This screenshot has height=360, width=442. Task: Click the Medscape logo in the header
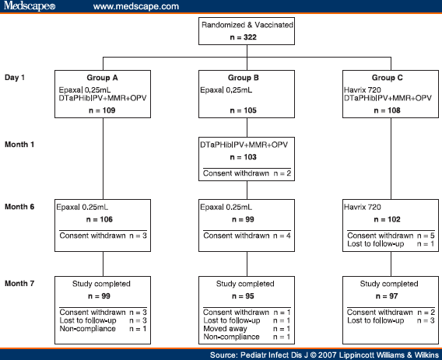pyautogui.click(x=29, y=6)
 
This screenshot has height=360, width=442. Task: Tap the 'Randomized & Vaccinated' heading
pyautogui.click(x=246, y=25)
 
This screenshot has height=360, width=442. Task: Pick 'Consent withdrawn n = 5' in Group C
pyautogui.click(x=389, y=236)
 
